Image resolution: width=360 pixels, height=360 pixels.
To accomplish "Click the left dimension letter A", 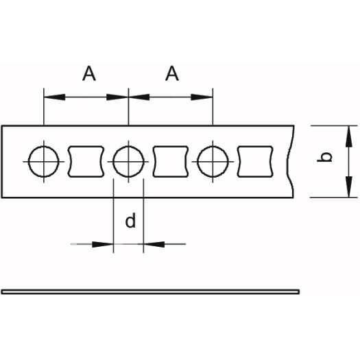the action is pyautogui.click(x=89, y=73).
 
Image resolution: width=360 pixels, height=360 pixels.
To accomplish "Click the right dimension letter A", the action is pyautogui.click(x=172, y=73).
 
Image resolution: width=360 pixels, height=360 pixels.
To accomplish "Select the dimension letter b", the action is pyautogui.click(x=324, y=157).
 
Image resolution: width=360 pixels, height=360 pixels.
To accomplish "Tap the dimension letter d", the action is pyautogui.click(x=130, y=221).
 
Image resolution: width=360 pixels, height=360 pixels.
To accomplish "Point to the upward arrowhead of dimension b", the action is pyautogui.click(x=349, y=136).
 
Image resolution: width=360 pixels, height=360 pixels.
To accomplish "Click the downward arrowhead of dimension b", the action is pyautogui.click(x=349, y=187).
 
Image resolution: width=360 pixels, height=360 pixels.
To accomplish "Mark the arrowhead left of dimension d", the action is pyautogui.click(x=103, y=244).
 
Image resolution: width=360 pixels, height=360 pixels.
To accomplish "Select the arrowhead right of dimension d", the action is pyautogui.click(x=154, y=244).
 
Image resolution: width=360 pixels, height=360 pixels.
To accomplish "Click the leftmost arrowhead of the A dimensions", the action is pyautogui.click(x=54, y=97).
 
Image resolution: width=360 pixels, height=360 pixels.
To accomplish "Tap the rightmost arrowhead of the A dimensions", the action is pyautogui.click(x=202, y=97).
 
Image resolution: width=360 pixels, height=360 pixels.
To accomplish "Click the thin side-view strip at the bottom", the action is pyautogui.click(x=150, y=292).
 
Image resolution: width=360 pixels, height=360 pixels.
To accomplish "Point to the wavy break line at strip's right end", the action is pyautogui.click(x=289, y=161).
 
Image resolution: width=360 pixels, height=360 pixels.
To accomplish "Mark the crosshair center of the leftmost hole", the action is pyautogui.click(x=44, y=162).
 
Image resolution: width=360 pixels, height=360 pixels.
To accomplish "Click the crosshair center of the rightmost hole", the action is pyautogui.click(x=213, y=162).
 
